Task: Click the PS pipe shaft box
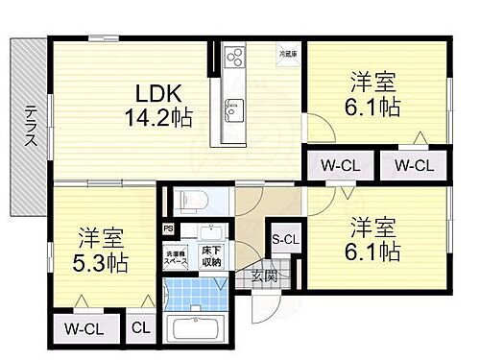pyautogui.click(x=169, y=228)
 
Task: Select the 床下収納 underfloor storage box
pyautogui.click(x=210, y=255)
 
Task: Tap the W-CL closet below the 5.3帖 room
pyautogui.click(x=85, y=329)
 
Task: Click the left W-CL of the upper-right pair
pyautogui.click(x=341, y=164)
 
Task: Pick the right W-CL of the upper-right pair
pyautogui.click(x=414, y=164)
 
